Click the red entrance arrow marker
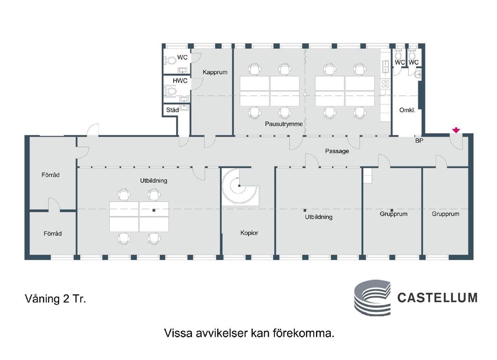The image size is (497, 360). [456, 130]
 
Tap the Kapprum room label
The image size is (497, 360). [215, 72]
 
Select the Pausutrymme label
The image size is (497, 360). [284, 124]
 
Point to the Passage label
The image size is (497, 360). [337, 151]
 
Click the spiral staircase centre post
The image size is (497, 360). [239, 185]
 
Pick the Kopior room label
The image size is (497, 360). [249, 233]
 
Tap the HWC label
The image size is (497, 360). [180, 81]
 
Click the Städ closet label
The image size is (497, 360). [172, 110]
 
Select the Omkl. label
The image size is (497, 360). [407, 110]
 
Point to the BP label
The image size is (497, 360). [419, 140]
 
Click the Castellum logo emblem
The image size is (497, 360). [372, 298]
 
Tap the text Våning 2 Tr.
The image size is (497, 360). [55, 299]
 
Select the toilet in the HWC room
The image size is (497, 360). [170, 91]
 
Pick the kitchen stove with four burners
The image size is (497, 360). [385, 84]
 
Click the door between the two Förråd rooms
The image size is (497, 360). [54, 204]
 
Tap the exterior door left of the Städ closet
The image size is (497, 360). [93, 130]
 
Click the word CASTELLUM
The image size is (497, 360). [437, 298]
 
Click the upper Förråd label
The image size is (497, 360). [51, 175]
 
